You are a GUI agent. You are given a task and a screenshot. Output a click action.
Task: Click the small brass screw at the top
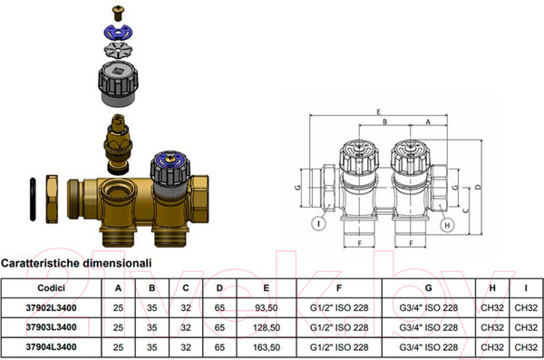pos(118,14)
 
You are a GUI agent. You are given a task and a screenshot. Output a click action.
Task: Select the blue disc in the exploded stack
pos(118,33)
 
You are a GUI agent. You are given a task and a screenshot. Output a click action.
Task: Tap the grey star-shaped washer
pos(118,51)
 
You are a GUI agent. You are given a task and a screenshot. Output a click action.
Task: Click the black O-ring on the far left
pos(33,199)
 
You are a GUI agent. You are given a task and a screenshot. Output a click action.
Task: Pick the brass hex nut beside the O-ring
pos(52,199)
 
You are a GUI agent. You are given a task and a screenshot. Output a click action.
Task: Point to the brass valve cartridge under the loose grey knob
pos(118,144)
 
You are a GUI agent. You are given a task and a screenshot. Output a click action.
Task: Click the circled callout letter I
pos(318,223)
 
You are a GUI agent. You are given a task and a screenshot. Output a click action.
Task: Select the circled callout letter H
pos(447,225)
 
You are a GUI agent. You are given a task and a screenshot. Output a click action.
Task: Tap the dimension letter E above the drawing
pos(378,112)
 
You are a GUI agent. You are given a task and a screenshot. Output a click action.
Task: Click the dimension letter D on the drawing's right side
pos(479,187)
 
